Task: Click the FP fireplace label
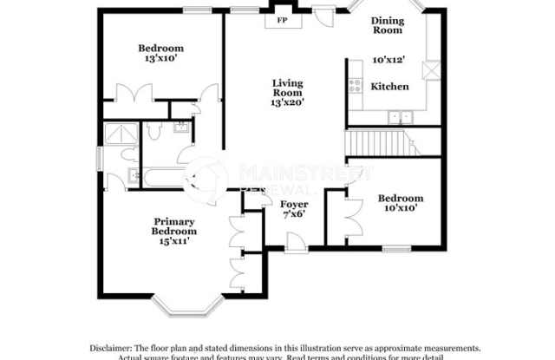(x=282, y=19)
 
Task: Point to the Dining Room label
(x=388, y=25)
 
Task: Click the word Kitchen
(x=389, y=87)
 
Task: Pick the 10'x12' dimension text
(x=389, y=60)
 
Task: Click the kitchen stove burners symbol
(x=355, y=85)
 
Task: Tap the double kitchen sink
(x=400, y=116)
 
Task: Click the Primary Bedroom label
(x=175, y=226)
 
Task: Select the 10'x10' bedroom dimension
(x=401, y=208)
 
